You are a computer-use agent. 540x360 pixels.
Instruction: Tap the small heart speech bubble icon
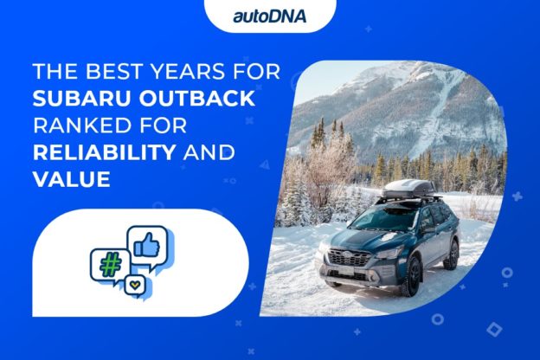pos(133,285)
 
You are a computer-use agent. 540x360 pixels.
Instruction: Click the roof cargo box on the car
pos(406,187)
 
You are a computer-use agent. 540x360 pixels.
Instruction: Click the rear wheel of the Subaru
pos(451,253)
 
